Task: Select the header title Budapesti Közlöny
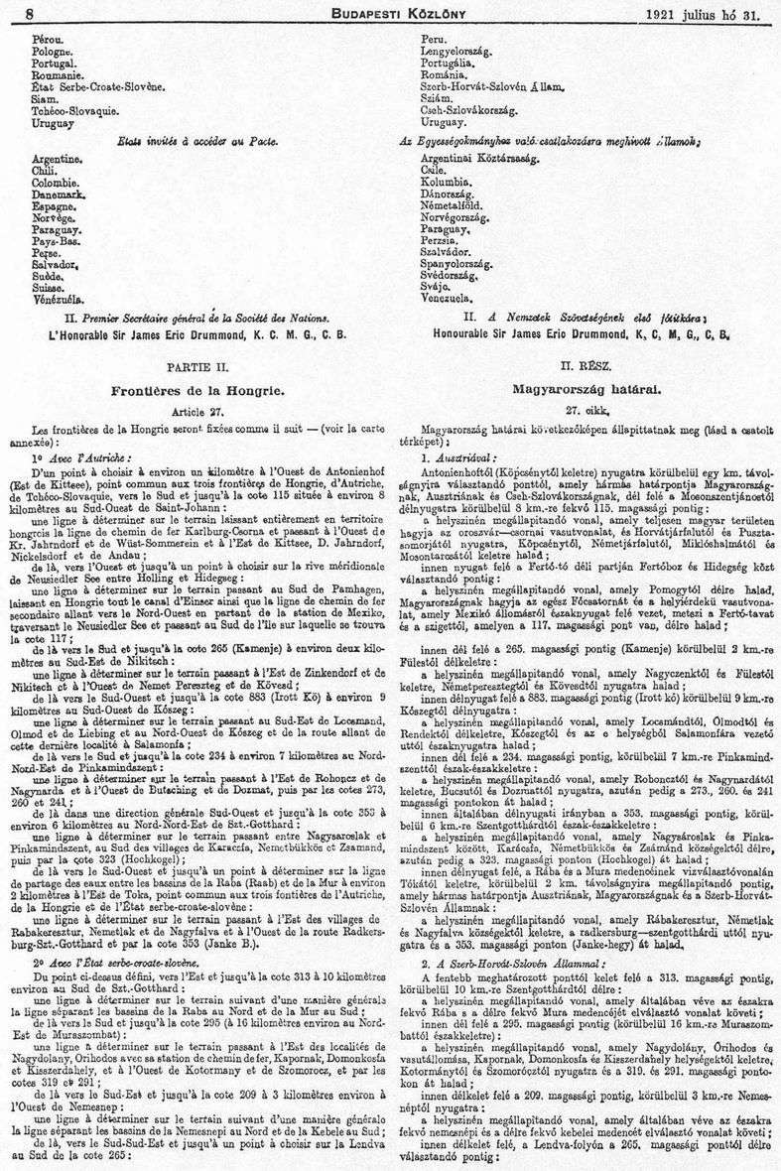coord(391,14)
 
